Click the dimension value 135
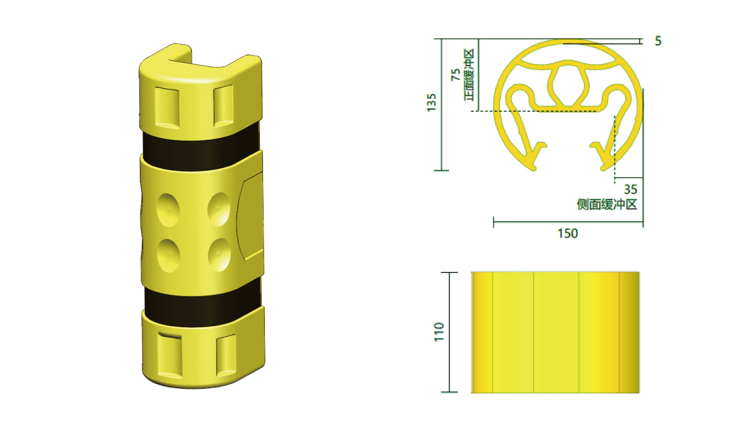[x=431, y=102]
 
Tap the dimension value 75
[x=456, y=75]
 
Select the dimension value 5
[x=658, y=41]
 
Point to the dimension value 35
[x=630, y=189]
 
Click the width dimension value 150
[x=568, y=233]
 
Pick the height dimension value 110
[x=439, y=331]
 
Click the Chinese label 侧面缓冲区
[x=607, y=204]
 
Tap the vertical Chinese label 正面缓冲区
[x=469, y=75]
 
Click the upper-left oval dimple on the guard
[x=168, y=210]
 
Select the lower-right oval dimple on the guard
[x=219, y=255]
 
